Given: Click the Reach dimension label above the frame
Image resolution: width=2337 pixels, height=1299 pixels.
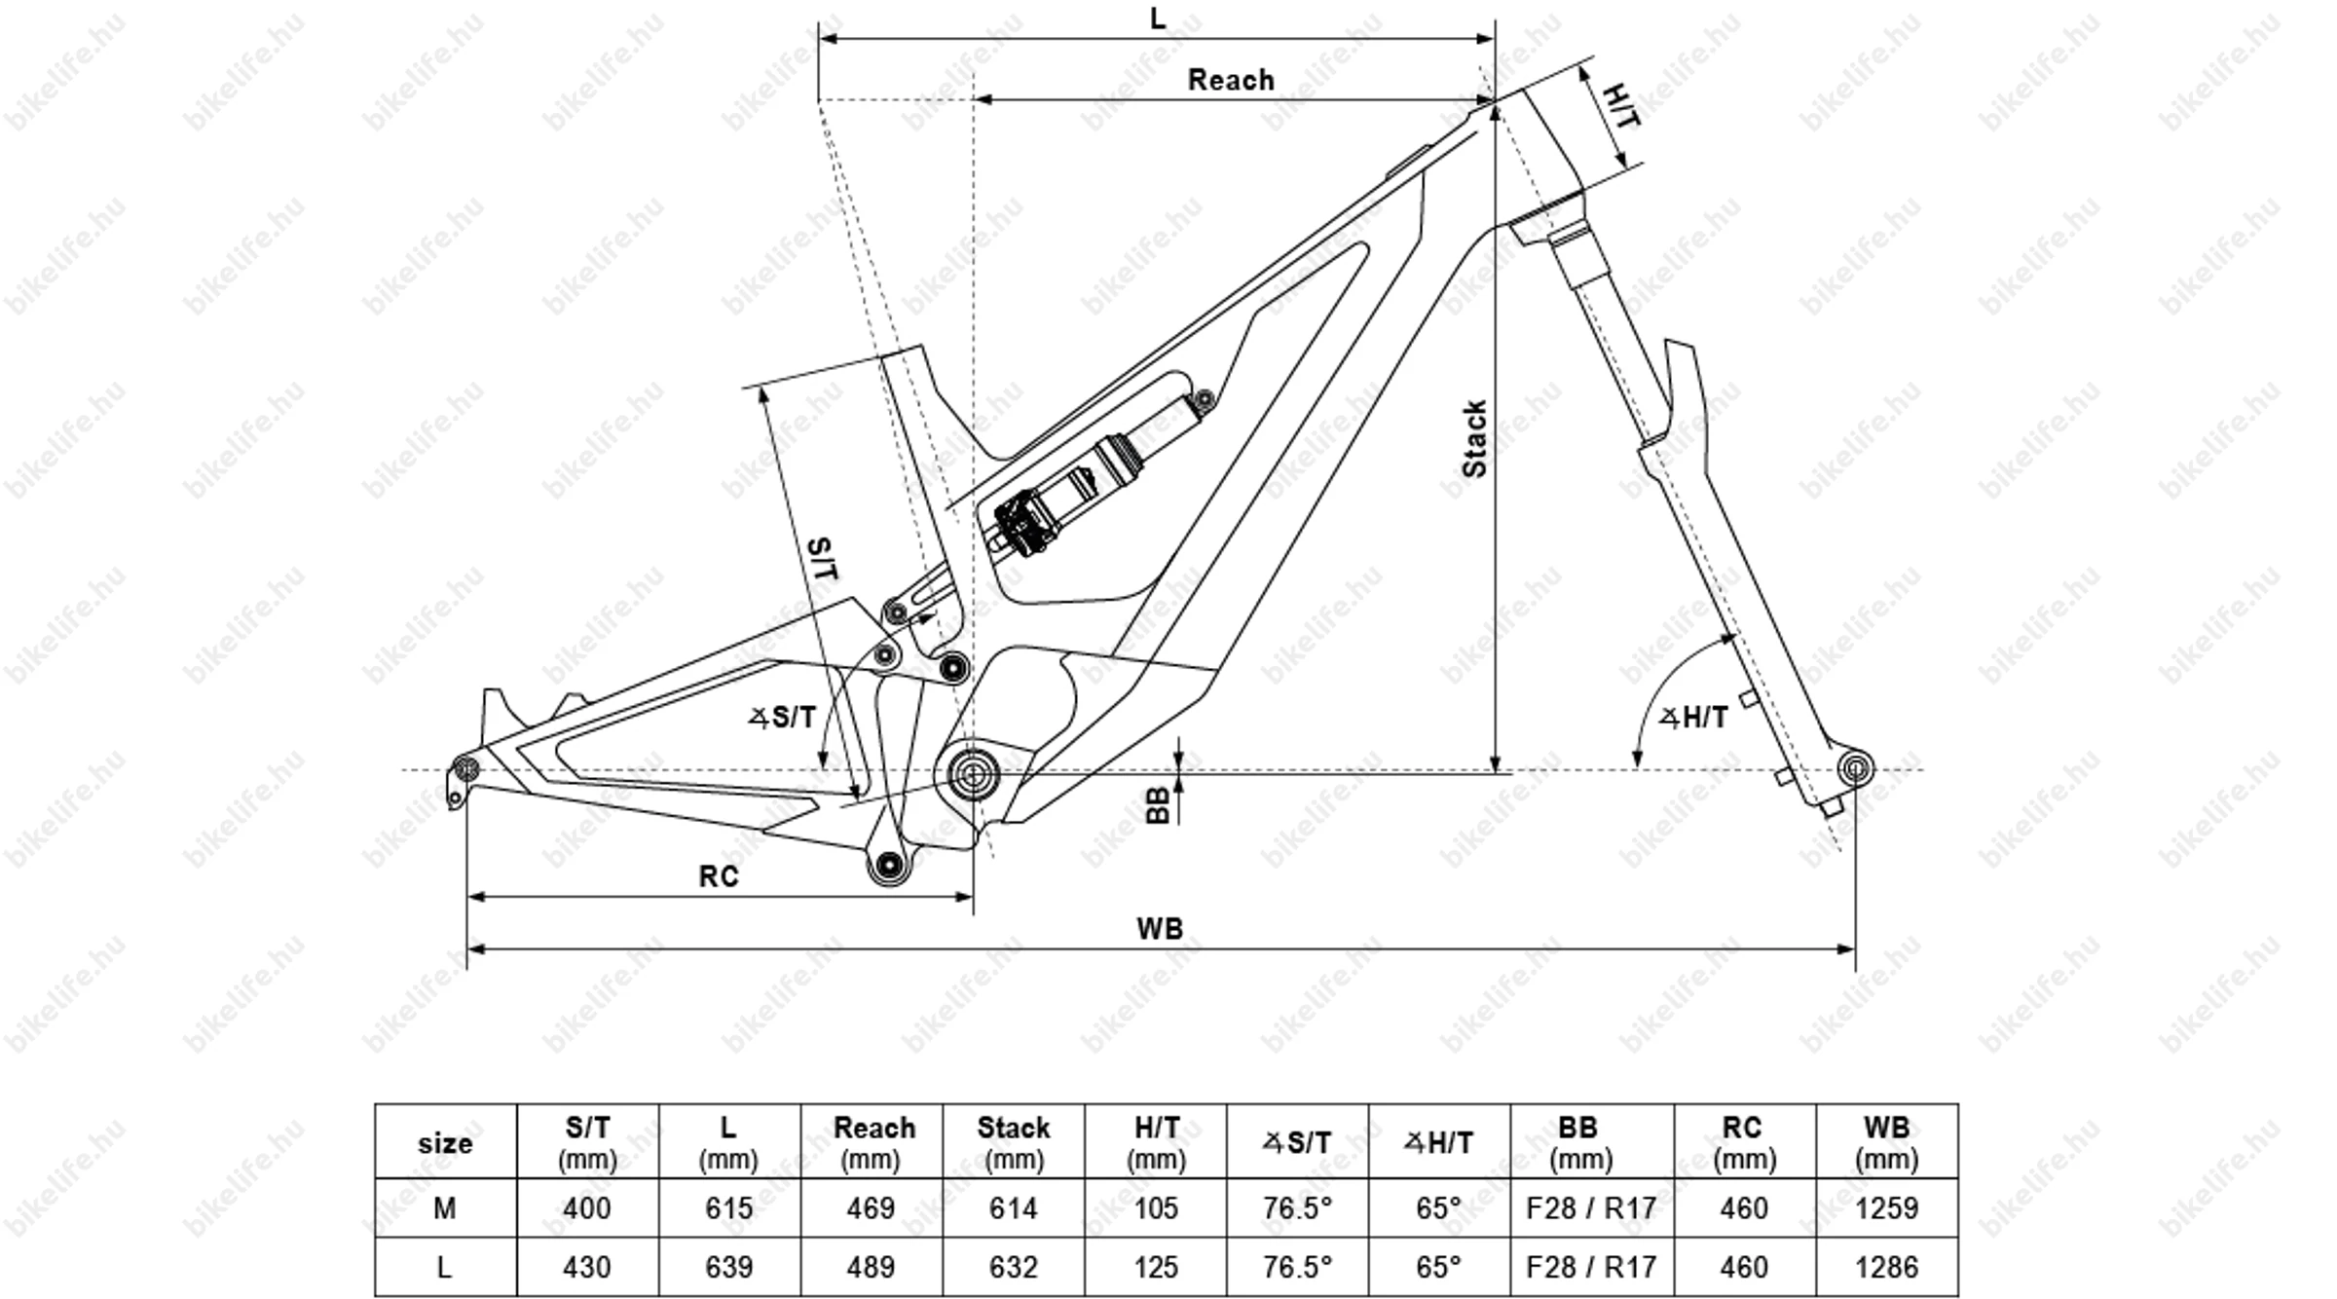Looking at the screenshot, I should click(x=1230, y=80).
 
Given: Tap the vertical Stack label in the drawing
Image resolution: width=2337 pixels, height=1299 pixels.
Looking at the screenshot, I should click(x=1474, y=438).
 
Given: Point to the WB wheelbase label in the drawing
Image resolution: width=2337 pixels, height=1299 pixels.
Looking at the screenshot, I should click(x=1159, y=928).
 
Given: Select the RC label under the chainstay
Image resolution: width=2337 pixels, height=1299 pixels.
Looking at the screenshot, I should click(x=719, y=876).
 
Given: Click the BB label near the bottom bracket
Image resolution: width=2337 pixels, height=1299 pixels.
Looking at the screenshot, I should click(x=1157, y=805).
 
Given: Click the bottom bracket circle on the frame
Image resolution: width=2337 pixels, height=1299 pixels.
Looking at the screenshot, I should click(x=973, y=774).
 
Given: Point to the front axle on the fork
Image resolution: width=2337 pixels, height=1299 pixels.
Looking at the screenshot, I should click(x=1855, y=769).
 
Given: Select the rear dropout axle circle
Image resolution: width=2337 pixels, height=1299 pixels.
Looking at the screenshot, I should click(x=467, y=768).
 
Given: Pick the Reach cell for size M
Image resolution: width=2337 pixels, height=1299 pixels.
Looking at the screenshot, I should click(x=871, y=1208).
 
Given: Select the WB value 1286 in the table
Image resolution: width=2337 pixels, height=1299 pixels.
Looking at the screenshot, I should click(x=1886, y=1267).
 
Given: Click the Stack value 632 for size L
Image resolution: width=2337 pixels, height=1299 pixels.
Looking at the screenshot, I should click(x=1013, y=1267).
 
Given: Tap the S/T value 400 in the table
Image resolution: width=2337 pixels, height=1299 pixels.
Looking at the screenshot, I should click(x=587, y=1208).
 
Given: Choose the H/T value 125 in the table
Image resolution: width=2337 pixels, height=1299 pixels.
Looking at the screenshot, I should click(x=1156, y=1267).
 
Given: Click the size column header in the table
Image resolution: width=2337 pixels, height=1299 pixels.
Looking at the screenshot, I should click(x=445, y=1142).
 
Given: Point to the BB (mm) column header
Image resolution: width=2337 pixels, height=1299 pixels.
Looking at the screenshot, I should click(x=1579, y=1142).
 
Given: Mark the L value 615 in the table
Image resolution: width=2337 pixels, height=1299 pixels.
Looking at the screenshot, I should click(x=728, y=1208).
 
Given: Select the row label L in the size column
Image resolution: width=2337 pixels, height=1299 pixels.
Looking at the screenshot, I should click(x=445, y=1267).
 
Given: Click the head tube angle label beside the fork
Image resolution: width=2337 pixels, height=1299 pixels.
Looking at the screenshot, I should click(x=1693, y=719).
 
